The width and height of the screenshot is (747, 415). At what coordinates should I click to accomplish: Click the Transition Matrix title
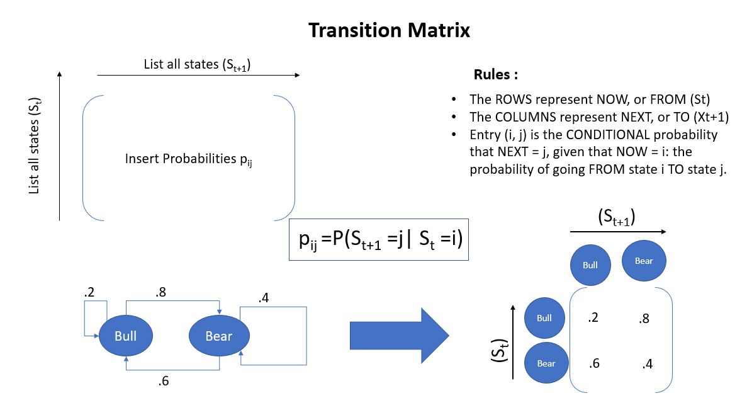point(389,30)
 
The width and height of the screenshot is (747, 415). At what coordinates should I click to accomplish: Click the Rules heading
point(495,76)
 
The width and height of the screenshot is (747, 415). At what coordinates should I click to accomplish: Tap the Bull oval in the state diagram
point(126,336)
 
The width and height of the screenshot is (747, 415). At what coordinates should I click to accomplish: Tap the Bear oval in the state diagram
point(218,336)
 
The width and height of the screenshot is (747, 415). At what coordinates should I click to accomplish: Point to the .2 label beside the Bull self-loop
point(88,293)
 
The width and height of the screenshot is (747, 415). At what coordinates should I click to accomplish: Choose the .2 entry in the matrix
point(592,318)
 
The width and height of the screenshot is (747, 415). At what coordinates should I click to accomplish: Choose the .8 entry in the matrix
point(643,319)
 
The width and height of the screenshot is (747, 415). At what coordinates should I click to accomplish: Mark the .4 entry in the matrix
point(648,364)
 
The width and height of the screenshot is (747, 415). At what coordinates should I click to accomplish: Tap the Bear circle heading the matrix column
point(644,261)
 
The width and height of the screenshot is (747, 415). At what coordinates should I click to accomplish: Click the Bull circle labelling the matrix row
point(544,318)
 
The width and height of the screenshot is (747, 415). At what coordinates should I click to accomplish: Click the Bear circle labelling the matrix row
point(546,363)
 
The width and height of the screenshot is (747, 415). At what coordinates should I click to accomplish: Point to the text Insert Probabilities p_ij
point(189,159)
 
